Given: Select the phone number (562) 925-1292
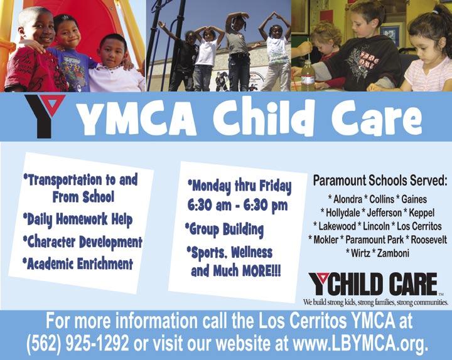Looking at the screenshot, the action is [78, 343].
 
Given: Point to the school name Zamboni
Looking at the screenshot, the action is [393, 253].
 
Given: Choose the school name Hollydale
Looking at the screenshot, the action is [343, 213].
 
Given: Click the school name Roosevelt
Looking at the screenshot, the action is [429, 240].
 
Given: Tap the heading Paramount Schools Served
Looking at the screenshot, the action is [380, 181].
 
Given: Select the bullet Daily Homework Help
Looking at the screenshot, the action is [78, 220].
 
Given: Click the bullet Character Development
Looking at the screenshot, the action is [82, 242].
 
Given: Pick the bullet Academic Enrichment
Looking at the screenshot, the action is [78, 264].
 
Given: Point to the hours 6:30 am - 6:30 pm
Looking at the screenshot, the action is [237, 206].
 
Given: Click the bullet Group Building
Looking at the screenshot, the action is [224, 230].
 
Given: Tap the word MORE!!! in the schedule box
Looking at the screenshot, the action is [261, 272].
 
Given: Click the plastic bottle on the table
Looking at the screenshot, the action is [308, 75].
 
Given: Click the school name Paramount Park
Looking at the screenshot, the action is [374, 240].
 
